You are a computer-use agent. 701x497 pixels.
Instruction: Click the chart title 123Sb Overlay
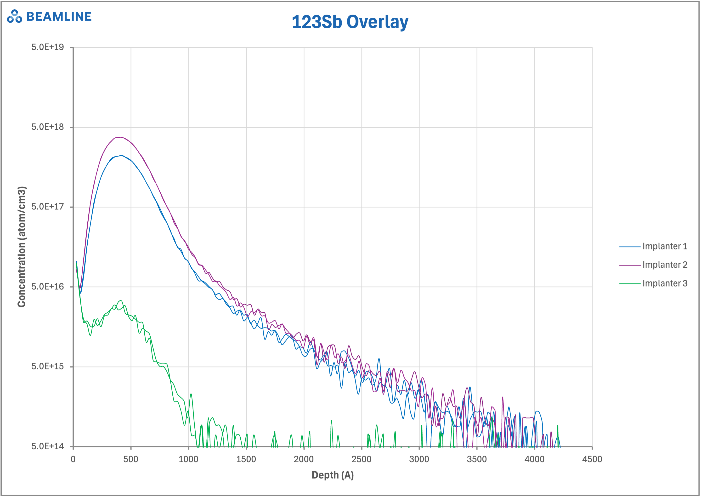pos(350,22)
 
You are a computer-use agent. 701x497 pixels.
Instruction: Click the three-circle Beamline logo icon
pos(14,17)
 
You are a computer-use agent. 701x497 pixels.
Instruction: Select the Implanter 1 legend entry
pos(665,246)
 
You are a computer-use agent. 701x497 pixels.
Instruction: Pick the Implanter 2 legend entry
pos(665,265)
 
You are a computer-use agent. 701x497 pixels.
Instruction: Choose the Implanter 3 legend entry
pos(665,283)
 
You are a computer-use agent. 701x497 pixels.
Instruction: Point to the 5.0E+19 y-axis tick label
pos(47,47)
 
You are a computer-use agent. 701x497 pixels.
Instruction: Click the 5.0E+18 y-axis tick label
pos(47,127)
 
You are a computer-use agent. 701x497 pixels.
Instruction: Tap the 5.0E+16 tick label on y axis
pos(47,287)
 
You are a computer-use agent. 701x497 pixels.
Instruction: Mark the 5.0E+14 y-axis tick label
pos(47,446)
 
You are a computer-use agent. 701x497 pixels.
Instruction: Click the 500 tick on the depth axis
pos(131,459)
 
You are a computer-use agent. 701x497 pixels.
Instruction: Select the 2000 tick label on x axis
pos(304,459)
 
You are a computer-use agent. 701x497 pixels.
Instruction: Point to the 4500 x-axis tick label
pos(592,459)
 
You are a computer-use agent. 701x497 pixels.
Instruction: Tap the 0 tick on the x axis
pos(73,459)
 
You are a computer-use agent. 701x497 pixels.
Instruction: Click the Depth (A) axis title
pos(333,475)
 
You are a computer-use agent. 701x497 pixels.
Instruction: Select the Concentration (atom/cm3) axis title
pos(21,247)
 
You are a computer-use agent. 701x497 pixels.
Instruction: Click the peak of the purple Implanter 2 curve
pos(121,137)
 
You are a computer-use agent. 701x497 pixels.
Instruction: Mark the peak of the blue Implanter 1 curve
pos(121,155)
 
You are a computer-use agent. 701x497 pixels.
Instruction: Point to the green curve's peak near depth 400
pos(121,300)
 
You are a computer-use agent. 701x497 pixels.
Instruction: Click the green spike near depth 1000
pos(191,394)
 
